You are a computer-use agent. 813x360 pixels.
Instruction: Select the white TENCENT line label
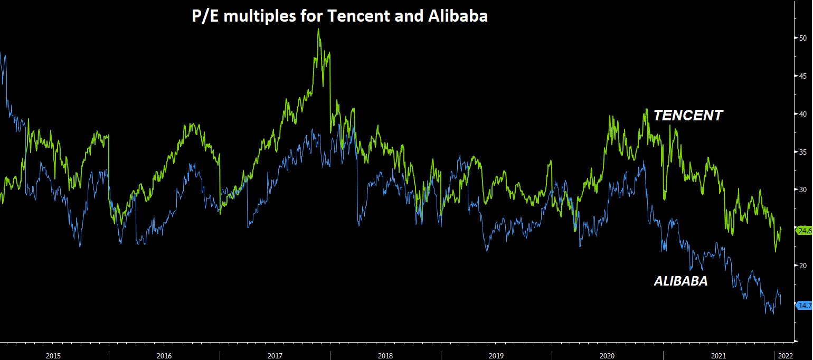[x=688, y=116]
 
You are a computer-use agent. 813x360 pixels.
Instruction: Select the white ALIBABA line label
[x=680, y=281]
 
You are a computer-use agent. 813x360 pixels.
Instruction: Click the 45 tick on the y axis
[x=802, y=76]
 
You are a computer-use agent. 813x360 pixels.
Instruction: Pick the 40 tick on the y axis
[x=802, y=113]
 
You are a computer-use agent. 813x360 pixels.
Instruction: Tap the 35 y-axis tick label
[x=802, y=152]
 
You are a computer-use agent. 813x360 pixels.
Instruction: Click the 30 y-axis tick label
[x=802, y=190]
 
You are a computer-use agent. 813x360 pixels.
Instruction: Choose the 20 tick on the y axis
[x=802, y=266]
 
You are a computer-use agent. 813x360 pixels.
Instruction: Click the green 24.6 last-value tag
[x=804, y=230]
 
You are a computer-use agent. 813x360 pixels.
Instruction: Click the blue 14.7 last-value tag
[x=804, y=306]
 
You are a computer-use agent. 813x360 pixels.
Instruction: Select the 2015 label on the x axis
[x=53, y=355]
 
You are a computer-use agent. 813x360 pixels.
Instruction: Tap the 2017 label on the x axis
[x=275, y=355]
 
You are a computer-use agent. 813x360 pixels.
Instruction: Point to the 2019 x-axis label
[x=496, y=355]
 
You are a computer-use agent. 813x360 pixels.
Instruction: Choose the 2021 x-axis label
[x=717, y=355]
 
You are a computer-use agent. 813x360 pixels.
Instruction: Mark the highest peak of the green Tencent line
[x=318, y=29]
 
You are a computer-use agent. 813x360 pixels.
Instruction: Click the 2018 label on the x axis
[x=385, y=355]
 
